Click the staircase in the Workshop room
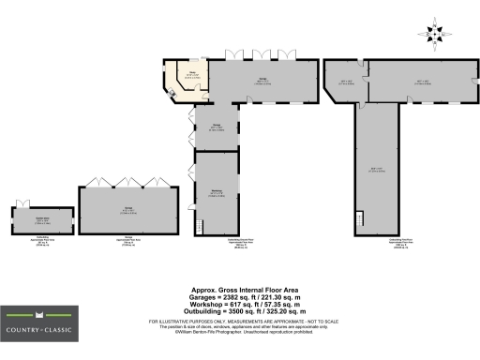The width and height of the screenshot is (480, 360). coord(199,225)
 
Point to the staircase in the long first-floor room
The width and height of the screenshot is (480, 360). coord(359,221)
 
